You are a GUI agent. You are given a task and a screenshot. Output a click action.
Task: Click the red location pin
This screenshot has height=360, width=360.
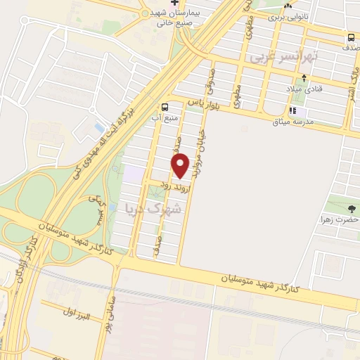pos(181,165)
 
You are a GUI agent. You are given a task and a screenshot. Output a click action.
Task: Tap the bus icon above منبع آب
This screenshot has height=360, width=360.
pos(165,108)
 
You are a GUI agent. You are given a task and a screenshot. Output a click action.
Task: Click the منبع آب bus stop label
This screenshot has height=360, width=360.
pos(165,118)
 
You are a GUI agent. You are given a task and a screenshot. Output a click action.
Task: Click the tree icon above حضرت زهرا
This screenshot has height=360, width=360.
pos(352,208)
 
